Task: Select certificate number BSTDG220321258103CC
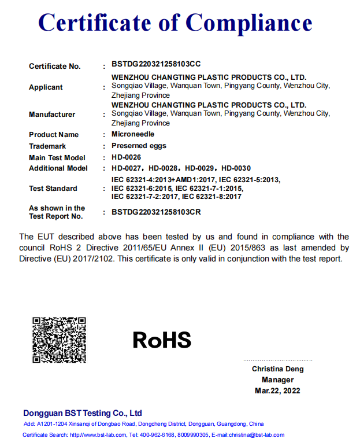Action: coord(156,64)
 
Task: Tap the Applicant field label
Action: coord(46,87)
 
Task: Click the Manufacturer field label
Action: coord(52,115)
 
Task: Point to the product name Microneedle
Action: coord(133,134)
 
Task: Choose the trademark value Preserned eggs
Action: coord(139,146)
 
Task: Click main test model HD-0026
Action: coord(126,157)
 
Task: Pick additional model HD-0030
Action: coord(236,168)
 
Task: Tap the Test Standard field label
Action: coord(53,189)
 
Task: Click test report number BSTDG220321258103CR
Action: coord(156,212)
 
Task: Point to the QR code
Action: coord(59,340)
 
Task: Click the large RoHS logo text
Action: coord(162,340)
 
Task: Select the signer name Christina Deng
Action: coord(277,369)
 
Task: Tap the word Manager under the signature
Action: coord(277,380)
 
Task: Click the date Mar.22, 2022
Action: coord(277,391)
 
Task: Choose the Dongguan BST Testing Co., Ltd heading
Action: coord(83,413)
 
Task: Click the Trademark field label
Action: coord(47,146)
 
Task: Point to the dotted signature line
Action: coord(277,360)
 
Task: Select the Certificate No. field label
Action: coord(55,67)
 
